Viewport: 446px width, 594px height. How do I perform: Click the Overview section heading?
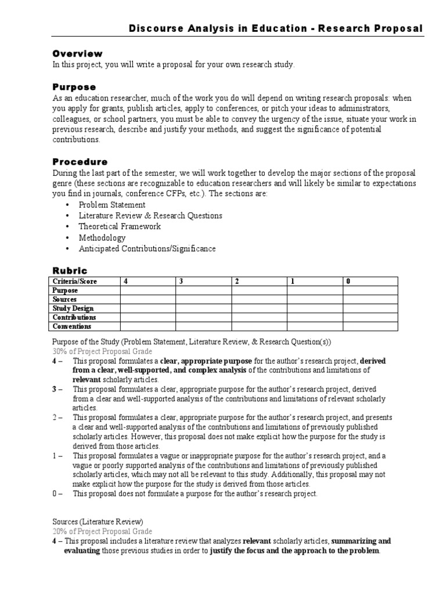77,53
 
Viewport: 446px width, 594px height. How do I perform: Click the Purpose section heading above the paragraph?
74,86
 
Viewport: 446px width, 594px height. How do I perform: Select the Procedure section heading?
80,162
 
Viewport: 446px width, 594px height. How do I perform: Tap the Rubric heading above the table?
70,270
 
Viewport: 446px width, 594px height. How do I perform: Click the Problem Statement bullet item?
112,205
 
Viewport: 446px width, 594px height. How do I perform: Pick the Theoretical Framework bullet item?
120,227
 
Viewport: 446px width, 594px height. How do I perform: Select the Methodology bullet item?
102,238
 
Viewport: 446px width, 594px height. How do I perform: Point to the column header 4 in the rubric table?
124,281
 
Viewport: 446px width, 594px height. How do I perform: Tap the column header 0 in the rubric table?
348,281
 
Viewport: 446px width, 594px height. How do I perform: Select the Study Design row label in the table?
73,309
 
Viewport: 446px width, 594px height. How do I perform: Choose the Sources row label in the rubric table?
65,299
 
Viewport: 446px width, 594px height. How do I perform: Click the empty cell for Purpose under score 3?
203,291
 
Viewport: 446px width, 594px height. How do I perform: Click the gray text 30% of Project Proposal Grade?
103,352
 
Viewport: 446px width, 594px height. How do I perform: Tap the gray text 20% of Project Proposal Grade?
103,531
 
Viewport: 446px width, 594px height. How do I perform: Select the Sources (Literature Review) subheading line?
98,522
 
